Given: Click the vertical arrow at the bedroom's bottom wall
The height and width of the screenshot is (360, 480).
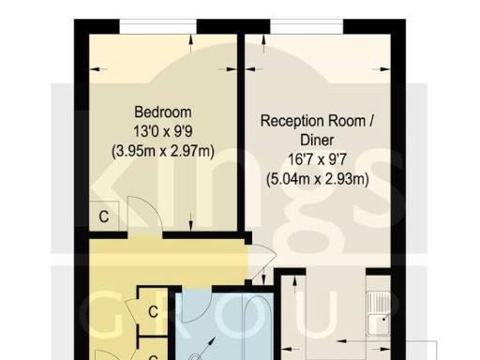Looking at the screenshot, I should click(192, 222).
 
